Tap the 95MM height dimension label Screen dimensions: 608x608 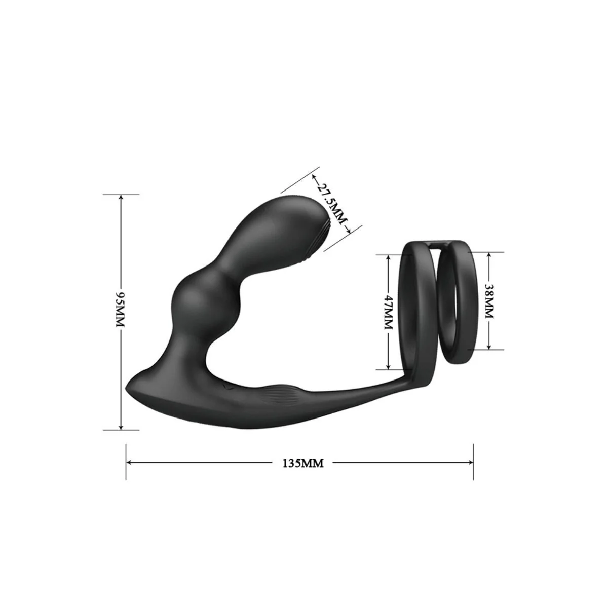pos(121,312)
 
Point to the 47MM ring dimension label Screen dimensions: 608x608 pos(388,312)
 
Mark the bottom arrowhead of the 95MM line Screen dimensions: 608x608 pos(121,427)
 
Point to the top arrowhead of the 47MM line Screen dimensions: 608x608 pos(388,257)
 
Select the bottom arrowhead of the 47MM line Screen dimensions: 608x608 pos(388,366)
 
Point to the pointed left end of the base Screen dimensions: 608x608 pos(128,388)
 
